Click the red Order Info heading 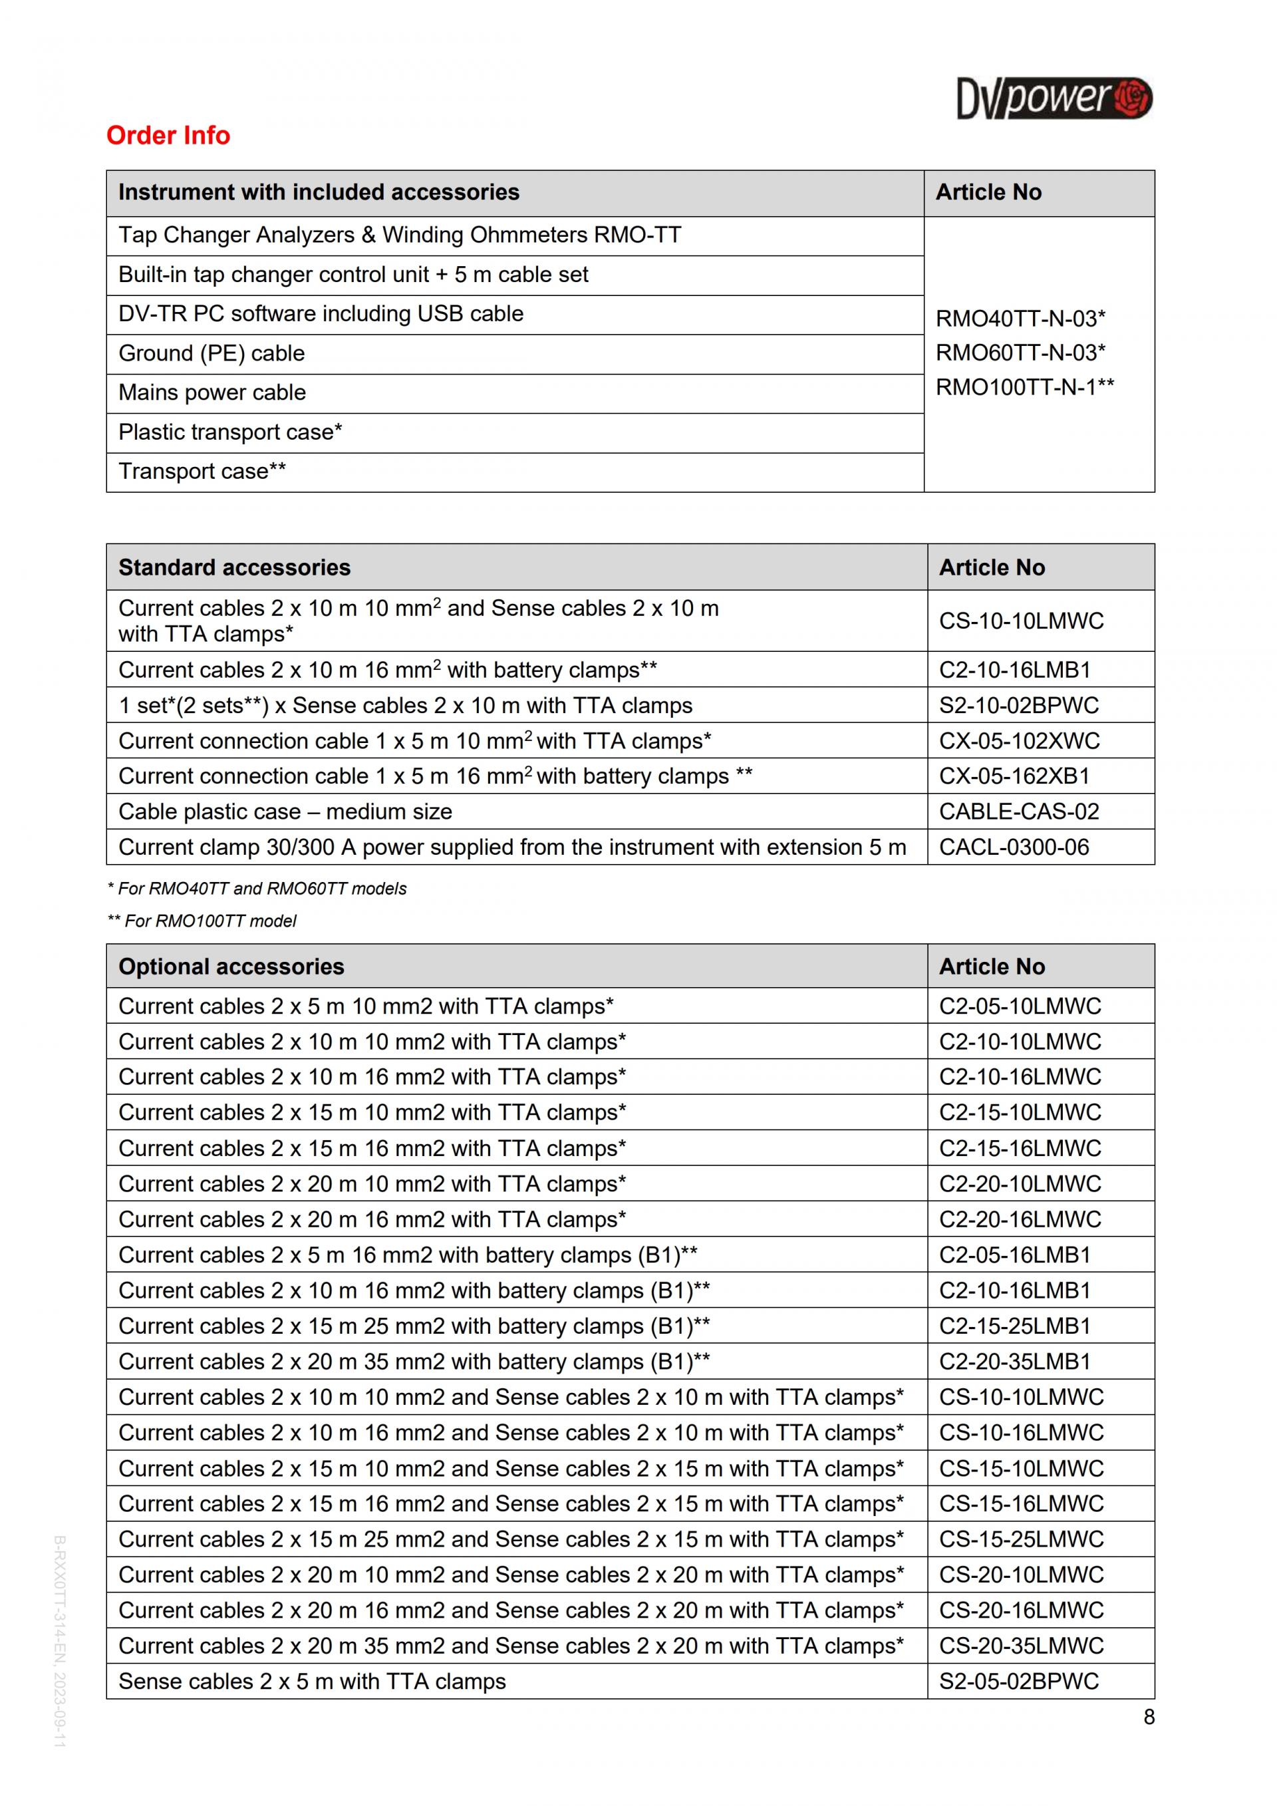[168, 135]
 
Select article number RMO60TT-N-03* [1020, 353]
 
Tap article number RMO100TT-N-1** [1024, 387]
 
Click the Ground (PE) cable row [212, 353]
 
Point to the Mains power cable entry [212, 392]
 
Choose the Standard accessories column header [234, 567]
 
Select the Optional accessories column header [231, 967]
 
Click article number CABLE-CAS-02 [1018, 812]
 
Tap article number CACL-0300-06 [1014, 847]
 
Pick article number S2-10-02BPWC [1018, 706]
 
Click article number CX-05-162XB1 [1014, 776]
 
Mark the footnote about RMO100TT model [202, 921]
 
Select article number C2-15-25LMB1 [1014, 1326]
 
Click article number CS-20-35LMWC [1021, 1646]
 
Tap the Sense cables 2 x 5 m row [312, 1682]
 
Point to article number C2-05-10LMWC [1020, 1006]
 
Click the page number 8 [1149, 1717]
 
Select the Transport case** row [202, 471]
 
